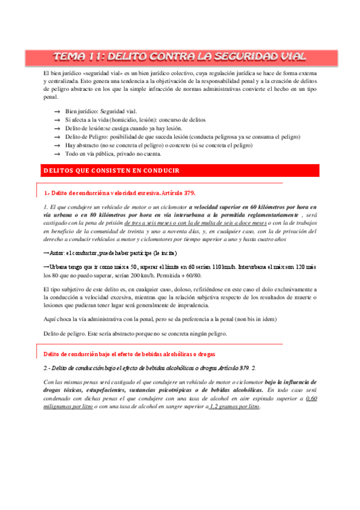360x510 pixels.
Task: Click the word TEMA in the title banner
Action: click(x=70, y=57)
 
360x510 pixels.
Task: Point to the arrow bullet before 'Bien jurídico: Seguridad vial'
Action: click(x=57, y=112)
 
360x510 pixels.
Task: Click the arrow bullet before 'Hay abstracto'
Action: click(x=57, y=146)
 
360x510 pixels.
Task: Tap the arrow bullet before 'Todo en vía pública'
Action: click(x=57, y=154)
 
